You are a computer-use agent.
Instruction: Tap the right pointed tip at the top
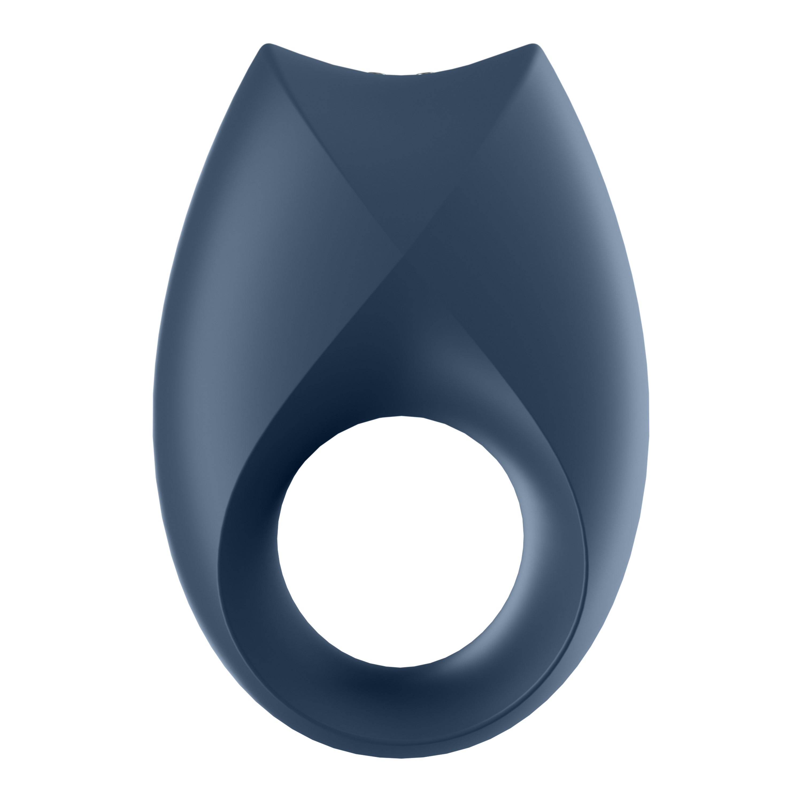coord(535,45)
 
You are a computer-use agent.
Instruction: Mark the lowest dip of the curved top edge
coord(400,76)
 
